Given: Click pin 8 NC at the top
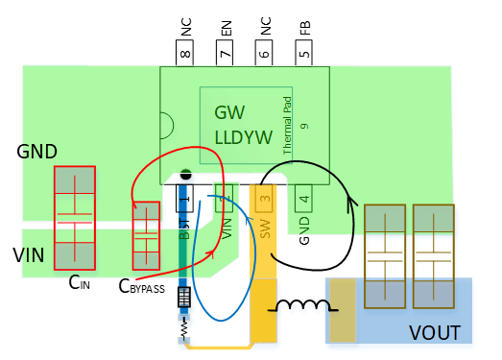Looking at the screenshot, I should [185, 53].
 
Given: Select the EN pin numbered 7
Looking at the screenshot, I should [226, 53].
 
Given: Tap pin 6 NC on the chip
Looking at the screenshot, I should [265, 53].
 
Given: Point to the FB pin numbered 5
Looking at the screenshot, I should [304, 53].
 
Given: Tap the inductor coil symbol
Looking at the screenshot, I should [299, 307].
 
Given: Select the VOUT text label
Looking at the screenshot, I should [435, 333].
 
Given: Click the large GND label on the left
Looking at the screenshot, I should [37, 152].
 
